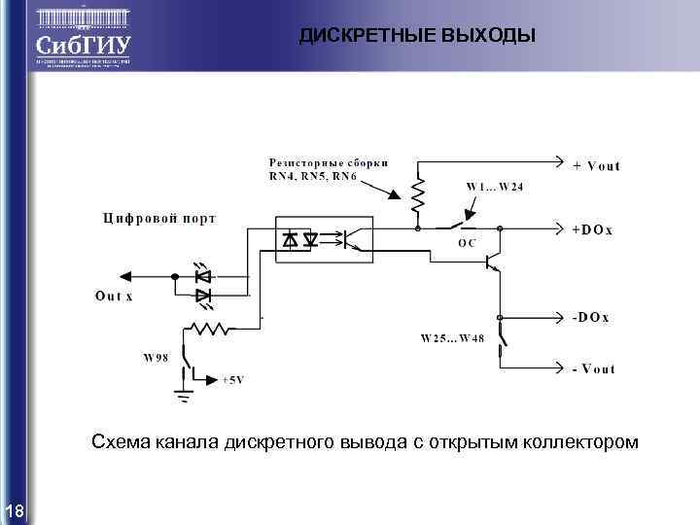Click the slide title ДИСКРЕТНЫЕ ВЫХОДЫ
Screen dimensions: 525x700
[x=417, y=37]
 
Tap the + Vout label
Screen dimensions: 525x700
[x=596, y=165]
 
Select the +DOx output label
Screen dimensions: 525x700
[x=591, y=229]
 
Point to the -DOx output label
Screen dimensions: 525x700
[x=590, y=318]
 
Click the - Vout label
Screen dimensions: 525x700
[x=593, y=368]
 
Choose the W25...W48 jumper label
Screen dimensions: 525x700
[x=452, y=338]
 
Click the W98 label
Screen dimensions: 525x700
[x=156, y=358]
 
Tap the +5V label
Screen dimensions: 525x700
[x=233, y=379]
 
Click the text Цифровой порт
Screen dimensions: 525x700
[x=159, y=218]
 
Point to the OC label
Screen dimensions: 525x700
[x=467, y=243]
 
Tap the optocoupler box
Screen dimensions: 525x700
[x=323, y=236]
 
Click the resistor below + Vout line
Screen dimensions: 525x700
[x=418, y=194]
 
